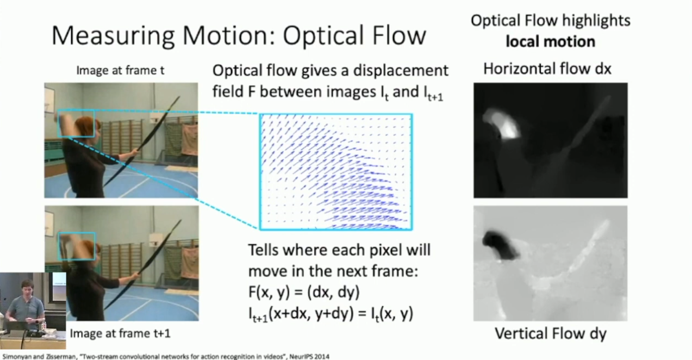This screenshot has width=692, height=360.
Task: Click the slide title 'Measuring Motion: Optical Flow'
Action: click(x=239, y=36)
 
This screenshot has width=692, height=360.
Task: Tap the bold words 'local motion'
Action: click(x=550, y=41)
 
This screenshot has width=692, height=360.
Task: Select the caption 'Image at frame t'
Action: click(x=120, y=71)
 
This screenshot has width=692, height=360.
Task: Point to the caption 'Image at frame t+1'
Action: click(x=120, y=333)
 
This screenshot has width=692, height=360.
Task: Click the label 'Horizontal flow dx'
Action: click(x=547, y=69)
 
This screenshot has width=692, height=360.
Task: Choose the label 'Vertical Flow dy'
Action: click(x=551, y=334)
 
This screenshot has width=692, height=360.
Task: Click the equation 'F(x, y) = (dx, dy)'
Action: click(x=304, y=292)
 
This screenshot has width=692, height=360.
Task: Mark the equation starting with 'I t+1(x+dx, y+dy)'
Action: click(x=331, y=314)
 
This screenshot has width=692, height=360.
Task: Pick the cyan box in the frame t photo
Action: click(x=76, y=110)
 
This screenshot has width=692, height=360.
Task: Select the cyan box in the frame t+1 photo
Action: click(x=77, y=233)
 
